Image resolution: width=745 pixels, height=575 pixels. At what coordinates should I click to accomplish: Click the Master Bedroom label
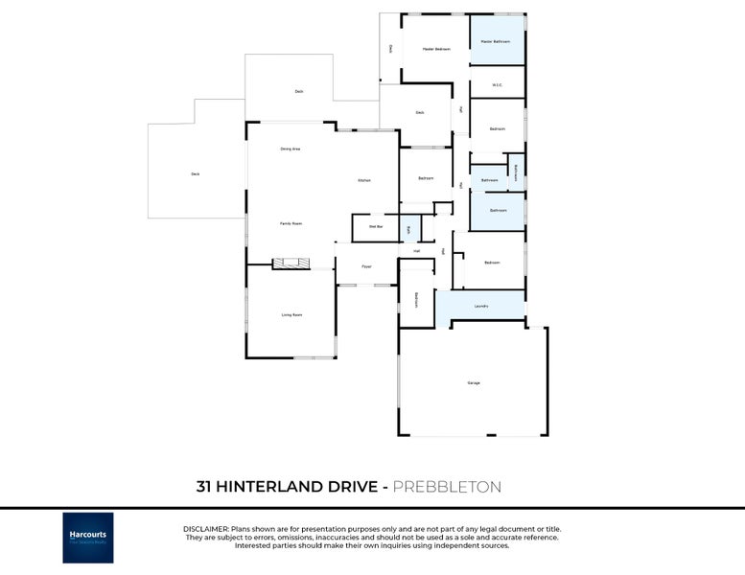click(x=436, y=48)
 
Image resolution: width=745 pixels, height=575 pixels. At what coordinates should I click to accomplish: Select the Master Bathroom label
click(x=495, y=41)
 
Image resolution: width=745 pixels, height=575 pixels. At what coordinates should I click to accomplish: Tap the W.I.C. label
click(x=497, y=85)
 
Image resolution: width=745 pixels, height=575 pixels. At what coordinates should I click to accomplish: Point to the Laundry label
click(x=481, y=306)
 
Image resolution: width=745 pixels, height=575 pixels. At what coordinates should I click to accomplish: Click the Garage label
click(x=474, y=382)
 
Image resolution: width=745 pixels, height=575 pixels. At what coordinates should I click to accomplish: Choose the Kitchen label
click(x=364, y=180)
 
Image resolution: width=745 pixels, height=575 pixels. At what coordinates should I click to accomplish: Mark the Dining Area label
click(x=291, y=149)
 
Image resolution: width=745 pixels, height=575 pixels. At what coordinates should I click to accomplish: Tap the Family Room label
click(x=291, y=223)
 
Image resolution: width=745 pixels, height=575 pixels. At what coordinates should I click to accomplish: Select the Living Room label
click(x=291, y=314)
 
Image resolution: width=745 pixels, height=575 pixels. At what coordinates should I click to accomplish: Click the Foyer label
click(x=366, y=266)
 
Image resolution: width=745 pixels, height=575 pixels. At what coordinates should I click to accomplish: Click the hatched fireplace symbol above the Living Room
click(x=291, y=263)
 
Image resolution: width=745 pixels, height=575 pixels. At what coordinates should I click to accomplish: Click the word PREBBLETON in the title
click(x=448, y=487)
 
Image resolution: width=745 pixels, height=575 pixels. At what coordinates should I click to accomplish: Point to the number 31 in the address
click(x=204, y=487)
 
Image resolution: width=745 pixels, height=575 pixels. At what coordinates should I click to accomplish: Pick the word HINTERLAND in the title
click(x=264, y=487)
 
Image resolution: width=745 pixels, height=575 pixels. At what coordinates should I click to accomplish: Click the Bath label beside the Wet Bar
click(x=408, y=229)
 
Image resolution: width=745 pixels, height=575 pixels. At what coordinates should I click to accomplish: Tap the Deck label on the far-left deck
click(x=195, y=173)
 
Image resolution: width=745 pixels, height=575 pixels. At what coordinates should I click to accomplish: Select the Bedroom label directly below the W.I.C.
click(x=497, y=128)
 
